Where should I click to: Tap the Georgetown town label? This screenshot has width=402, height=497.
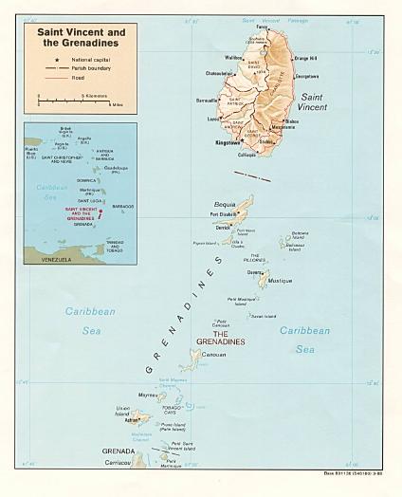point(283,74)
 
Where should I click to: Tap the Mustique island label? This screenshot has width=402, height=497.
point(280,281)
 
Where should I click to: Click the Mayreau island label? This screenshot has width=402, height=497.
point(148,395)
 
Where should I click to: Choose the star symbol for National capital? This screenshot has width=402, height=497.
point(47,59)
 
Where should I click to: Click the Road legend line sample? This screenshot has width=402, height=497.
point(47,78)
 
